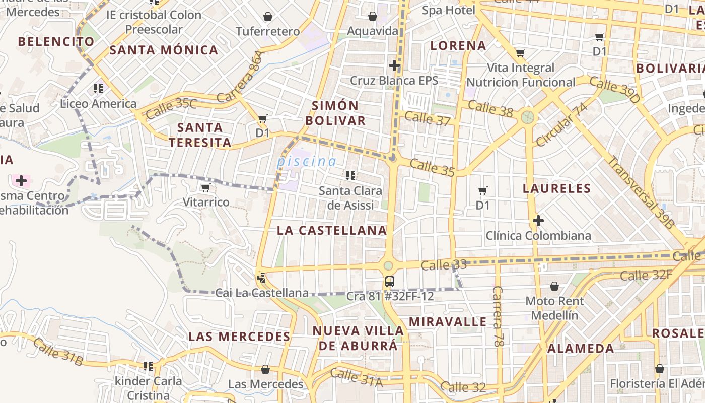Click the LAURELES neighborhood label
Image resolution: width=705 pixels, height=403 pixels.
(x=556, y=188)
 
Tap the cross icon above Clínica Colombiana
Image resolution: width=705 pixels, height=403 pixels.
(x=538, y=220)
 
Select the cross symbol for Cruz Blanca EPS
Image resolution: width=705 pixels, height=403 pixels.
(x=394, y=65)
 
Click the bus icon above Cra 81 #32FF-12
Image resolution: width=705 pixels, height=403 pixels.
(x=389, y=281)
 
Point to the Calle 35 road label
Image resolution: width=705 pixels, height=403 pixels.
(x=432, y=168)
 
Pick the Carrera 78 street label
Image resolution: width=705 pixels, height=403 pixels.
(x=498, y=316)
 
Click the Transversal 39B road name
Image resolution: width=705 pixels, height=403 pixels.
(x=640, y=193)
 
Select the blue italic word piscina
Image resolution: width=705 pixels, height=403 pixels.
(x=307, y=162)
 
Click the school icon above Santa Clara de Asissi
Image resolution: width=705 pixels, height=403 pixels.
(x=350, y=176)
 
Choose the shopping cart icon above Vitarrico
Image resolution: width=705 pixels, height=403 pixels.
(x=205, y=188)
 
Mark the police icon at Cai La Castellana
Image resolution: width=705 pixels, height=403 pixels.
(x=261, y=277)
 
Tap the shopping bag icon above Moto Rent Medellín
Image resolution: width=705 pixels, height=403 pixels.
(x=554, y=286)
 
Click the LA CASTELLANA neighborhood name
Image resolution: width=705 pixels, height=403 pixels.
(x=332, y=230)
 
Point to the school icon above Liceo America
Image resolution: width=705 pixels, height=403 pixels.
(x=98, y=89)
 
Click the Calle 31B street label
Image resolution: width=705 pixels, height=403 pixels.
(x=58, y=352)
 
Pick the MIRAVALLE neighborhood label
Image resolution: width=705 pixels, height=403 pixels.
(x=448, y=321)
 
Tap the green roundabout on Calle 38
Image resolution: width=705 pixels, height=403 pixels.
(x=528, y=117)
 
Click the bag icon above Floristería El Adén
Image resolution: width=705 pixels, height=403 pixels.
(x=659, y=369)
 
